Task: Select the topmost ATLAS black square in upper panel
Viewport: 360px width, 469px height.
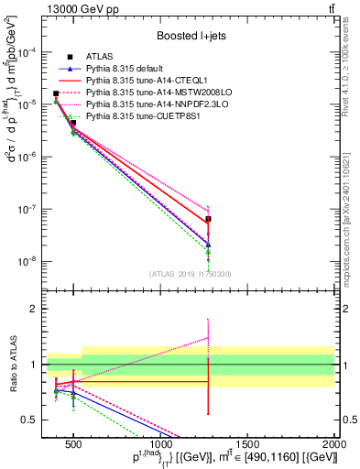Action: pos(56,93)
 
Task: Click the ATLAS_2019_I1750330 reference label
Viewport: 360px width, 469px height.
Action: pos(190,274)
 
